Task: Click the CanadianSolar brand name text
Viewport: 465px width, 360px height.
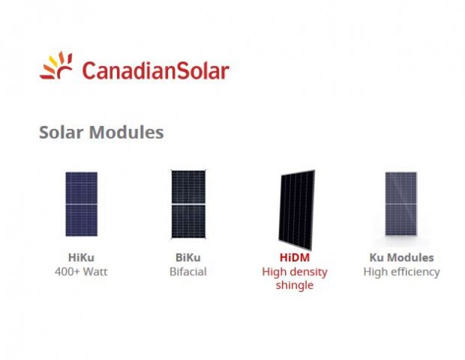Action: click(x=155, y=70)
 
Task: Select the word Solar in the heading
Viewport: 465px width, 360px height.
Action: click(x=61, y=132)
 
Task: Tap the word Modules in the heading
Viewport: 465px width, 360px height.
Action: click(x=127, y=132)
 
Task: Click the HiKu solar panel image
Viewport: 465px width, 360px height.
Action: click(x=81, y=204)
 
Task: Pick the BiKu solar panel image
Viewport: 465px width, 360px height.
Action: click(x=188, y=204)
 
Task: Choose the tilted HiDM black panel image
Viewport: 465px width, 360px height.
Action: click(x=296, y=210)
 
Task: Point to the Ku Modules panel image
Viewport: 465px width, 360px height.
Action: click(x=401, y=204)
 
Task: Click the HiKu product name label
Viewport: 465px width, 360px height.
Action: click(x=81, y=257)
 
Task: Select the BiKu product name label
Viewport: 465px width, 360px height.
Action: click(x=188, y=257)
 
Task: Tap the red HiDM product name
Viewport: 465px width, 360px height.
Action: click(x=295, y=257)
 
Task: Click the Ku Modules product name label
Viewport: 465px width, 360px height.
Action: click(x=401, y=257)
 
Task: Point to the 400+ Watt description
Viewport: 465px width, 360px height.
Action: click(x=81, y=271)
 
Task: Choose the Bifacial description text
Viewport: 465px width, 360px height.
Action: click(x=188, y=271)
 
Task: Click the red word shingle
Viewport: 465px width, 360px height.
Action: click(x=295, y=285)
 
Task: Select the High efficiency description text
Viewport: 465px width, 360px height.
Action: click(x=401, y=272)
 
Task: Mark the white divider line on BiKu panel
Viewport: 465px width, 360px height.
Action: click(x=188, y=204)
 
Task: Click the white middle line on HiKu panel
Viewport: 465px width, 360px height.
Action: click(x=81, y=204)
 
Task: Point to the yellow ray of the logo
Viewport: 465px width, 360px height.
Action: click(x=53, y=61)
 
